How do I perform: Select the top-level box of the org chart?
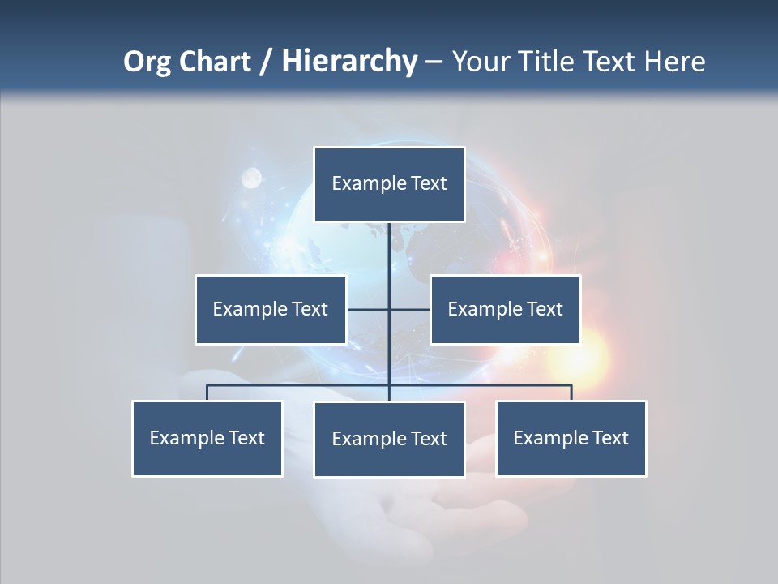click(x=389, y=184)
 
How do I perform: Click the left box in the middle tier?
click(x=271, y=309)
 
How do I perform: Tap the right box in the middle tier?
click(x=505, y=309)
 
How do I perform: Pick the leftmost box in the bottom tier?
click(x=207, y=439)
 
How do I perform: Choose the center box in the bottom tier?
click(x=389, y=440)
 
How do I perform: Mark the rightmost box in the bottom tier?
click(x=571, y=439)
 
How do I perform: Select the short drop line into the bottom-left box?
click(x=207, y=393)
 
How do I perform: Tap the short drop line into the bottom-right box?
click(x=571, y=393)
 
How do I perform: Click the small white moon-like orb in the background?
click(x=251, y=176)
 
